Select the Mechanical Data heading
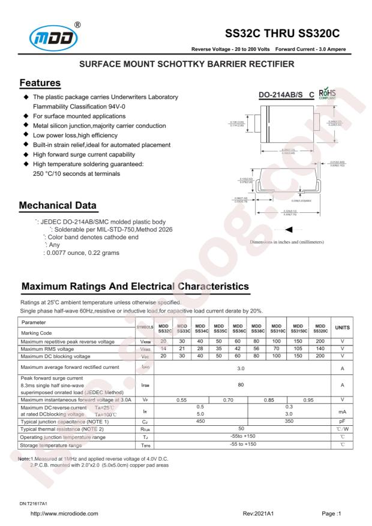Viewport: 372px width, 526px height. [58, 206]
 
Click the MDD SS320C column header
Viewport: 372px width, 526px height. [320, 328]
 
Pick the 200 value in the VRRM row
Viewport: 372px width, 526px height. [320, 341]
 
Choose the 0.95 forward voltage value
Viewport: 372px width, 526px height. [309, 399]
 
